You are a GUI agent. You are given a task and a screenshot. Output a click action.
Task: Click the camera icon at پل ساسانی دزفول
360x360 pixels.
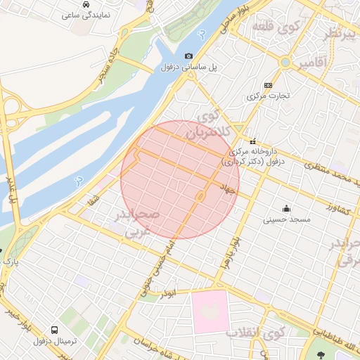[x=188, y=56]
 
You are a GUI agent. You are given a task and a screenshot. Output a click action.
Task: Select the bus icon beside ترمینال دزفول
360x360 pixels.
[x=55, y=330]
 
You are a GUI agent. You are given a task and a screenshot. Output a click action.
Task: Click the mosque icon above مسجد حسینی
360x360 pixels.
[x=286, y=208]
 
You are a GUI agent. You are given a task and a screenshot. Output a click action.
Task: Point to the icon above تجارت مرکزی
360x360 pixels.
[x=267, y=84]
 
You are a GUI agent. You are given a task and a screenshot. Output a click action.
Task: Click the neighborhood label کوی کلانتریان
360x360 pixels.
[x=207, y=124]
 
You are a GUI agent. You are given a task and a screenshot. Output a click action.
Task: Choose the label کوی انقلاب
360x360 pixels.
[x=256, y=332]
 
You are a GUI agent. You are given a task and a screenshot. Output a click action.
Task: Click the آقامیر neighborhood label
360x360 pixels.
[x=312, y=64]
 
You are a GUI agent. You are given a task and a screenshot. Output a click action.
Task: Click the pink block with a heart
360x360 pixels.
[x=210, y=311]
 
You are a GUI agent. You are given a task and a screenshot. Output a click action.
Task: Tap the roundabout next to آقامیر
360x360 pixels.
[x=285, y=63]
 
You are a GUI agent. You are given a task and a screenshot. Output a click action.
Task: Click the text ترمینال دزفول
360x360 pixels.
[x=58, y=342]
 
